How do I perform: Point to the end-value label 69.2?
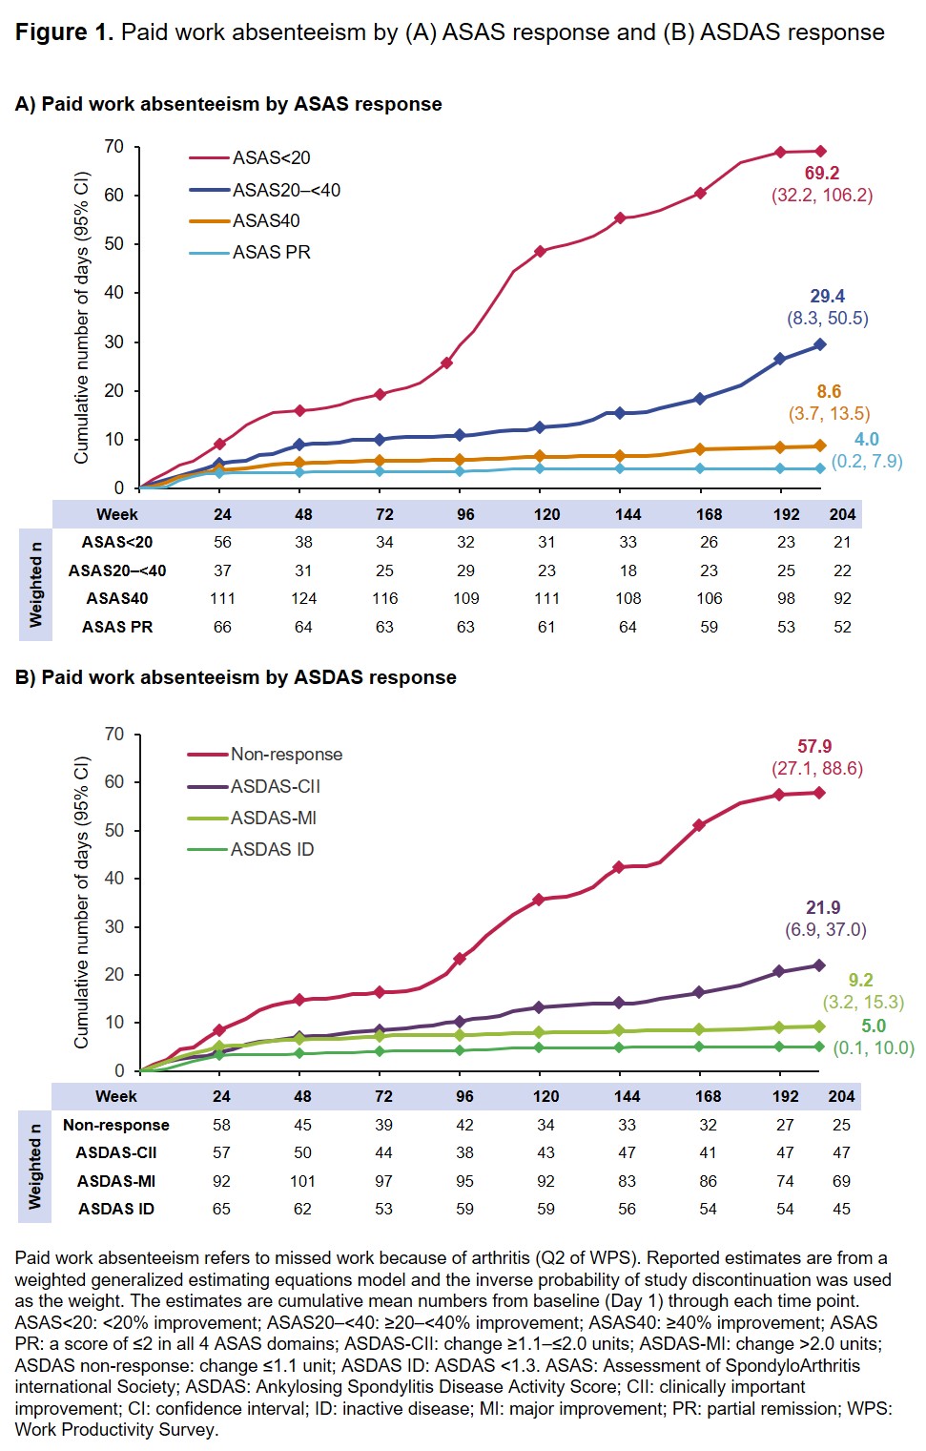821,173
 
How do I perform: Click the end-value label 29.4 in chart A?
827,296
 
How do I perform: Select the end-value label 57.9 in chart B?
814,746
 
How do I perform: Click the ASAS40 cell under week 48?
303,598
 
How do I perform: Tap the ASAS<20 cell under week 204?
842,542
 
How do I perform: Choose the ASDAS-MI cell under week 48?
302,1181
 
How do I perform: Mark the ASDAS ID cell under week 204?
841,1209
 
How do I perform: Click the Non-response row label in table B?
116,1125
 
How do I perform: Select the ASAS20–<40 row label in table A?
117,570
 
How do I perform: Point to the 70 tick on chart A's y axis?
114,146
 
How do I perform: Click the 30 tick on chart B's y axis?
114,926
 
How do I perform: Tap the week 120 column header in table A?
546,514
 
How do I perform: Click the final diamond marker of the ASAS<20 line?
820,151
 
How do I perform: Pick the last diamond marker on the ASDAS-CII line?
819,965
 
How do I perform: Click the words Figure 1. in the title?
64,32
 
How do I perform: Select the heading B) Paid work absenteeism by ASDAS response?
236,677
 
